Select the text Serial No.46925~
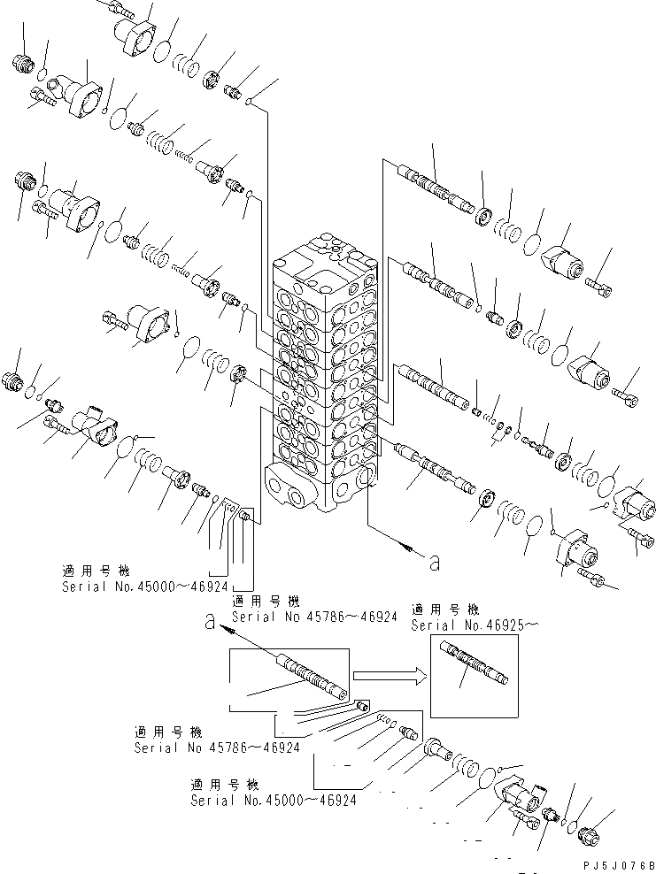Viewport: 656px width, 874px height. pos(475,625)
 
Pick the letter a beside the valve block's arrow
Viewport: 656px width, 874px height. pos(434,560)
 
